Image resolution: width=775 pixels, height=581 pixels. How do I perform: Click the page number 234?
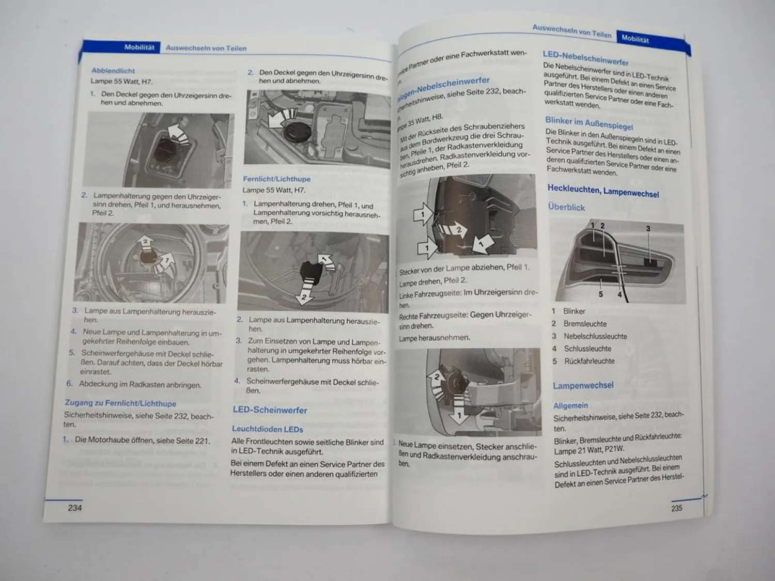pyautogui.click(x=75, y=508)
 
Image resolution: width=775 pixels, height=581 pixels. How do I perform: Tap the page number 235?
pyautogui.click(x=676, y=508)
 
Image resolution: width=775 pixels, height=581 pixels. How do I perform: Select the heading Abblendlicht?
pyautogui.click(x=113, y=71)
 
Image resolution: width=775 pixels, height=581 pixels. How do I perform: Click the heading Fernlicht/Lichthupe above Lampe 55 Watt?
pyautogui.click(x=276, y=179)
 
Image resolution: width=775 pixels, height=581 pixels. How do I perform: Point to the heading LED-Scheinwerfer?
pyautogui.click(x=270, y=410)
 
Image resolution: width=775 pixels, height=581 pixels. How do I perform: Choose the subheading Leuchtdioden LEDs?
pyautogui.click(x=267, y=429)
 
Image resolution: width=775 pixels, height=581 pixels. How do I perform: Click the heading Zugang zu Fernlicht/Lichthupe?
pyautogui.click(x=120, y=403)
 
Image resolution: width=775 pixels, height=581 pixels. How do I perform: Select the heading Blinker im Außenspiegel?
pyautogui.click(x=589, y=123)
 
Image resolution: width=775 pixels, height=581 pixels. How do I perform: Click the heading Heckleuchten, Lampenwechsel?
pyautogui.click(x=603, y=191)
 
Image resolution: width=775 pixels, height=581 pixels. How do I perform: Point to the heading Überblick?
pyautogui.click(x=566, y=207)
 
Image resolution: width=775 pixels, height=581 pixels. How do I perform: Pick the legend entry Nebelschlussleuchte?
pyautogui.click(x=595, y=336)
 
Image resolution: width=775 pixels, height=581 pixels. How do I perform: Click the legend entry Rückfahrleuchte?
pyautogui.click(x=589, y=361)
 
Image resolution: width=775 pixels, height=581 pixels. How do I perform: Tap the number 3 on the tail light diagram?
pyautogui.click(x=648, y=228)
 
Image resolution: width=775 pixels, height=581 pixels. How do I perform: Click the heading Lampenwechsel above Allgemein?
pyautogui.click(x=583, y=385)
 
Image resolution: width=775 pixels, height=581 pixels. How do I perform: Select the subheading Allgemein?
pyautogui.click(x=570, y=406)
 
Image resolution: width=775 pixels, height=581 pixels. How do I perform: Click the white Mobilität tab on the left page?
pyautogui.click(x=139, y=48)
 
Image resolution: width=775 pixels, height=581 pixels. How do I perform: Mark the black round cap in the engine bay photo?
pyautogui.click(x=296, y=131)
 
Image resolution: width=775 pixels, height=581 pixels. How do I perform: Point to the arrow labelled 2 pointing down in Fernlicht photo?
pyautogui.click(x=304, y=294)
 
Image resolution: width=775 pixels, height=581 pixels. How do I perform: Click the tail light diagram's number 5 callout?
pyautogui.click(x=600, y=294)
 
